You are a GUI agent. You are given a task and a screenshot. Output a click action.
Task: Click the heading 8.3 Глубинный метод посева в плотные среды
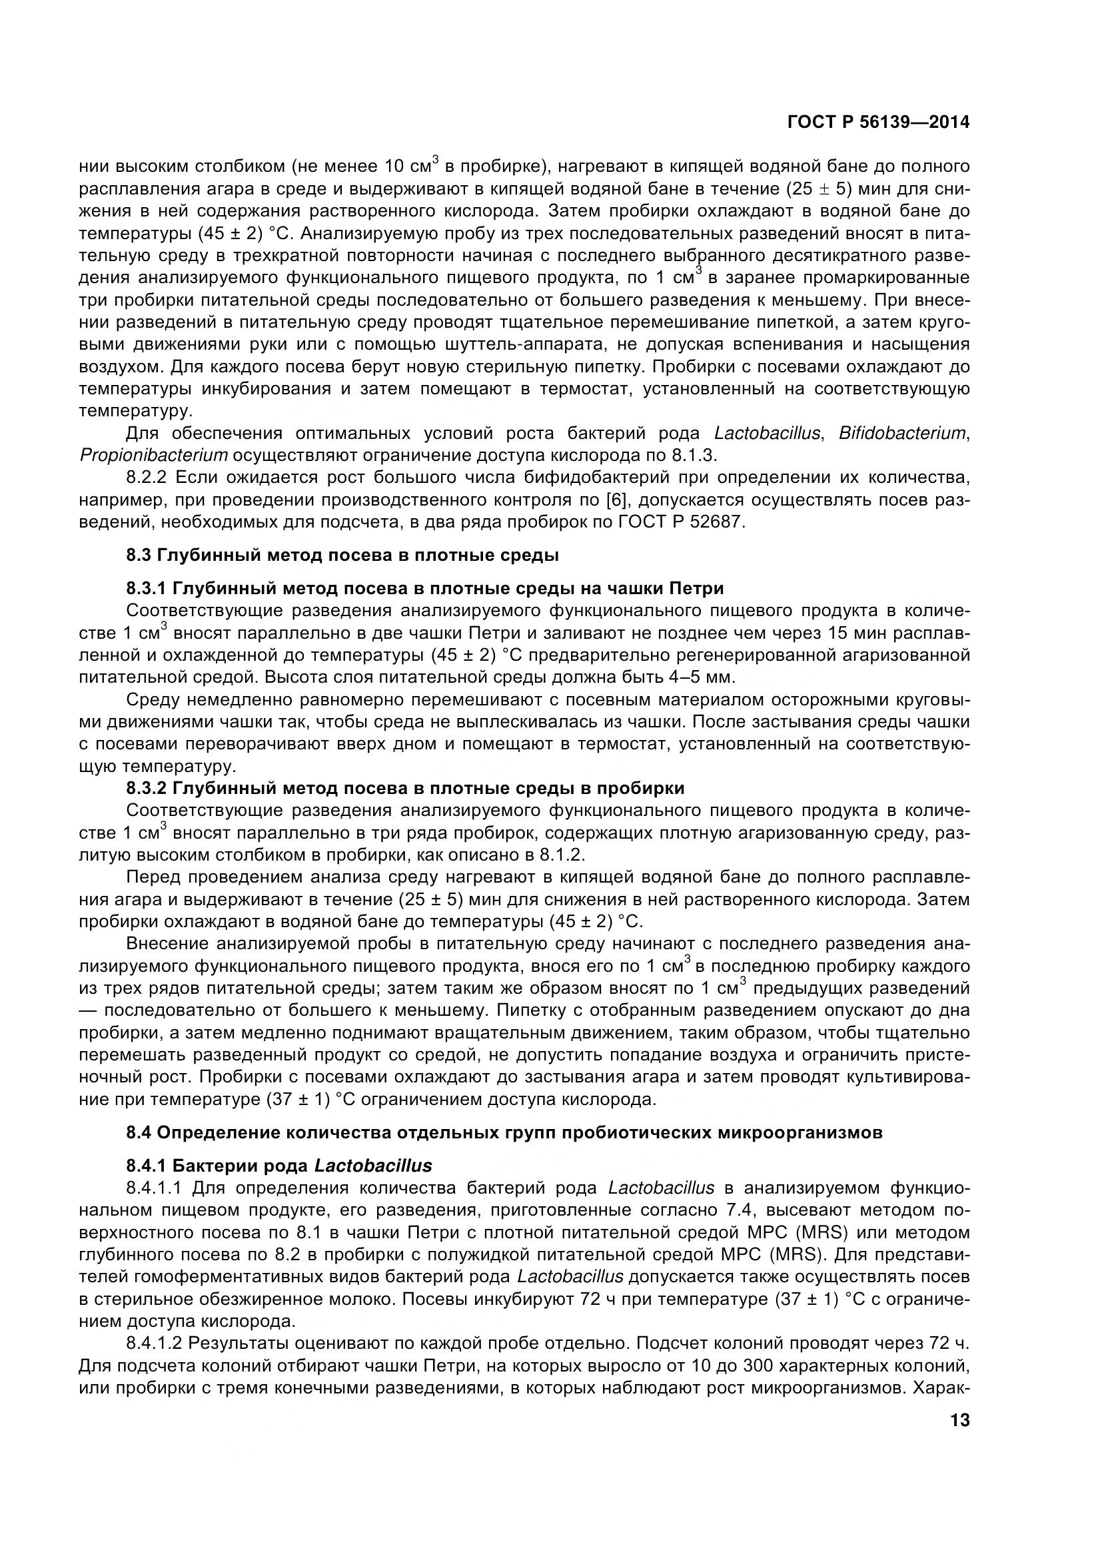pyautogui.click(x=342, y=555)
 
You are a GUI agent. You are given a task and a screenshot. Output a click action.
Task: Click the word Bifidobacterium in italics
pyautogui.click(x=902, y=434)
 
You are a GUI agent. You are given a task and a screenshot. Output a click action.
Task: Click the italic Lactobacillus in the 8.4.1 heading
pyautogui.click(x=373, y=1166)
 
